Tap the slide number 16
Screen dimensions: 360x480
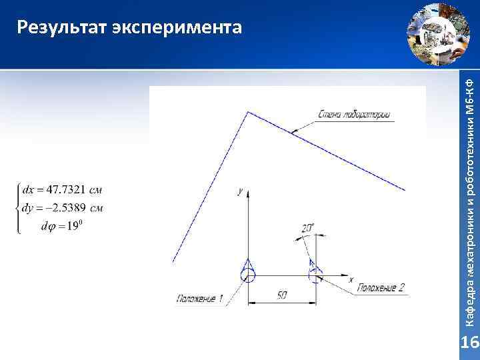(x=470, y=343)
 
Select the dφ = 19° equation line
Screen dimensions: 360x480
(x=61, y=227)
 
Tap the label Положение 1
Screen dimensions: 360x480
(x=200, y=299)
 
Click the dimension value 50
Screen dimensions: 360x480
(x=282, y=294)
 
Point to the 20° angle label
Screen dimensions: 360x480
(x=308, y=228)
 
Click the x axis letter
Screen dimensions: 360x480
(x=351, y=279)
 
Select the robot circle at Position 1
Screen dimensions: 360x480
(x=248, y=274)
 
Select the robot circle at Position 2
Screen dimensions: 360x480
(x=315, y=274)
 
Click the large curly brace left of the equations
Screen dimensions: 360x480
(x=18, y=207)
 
